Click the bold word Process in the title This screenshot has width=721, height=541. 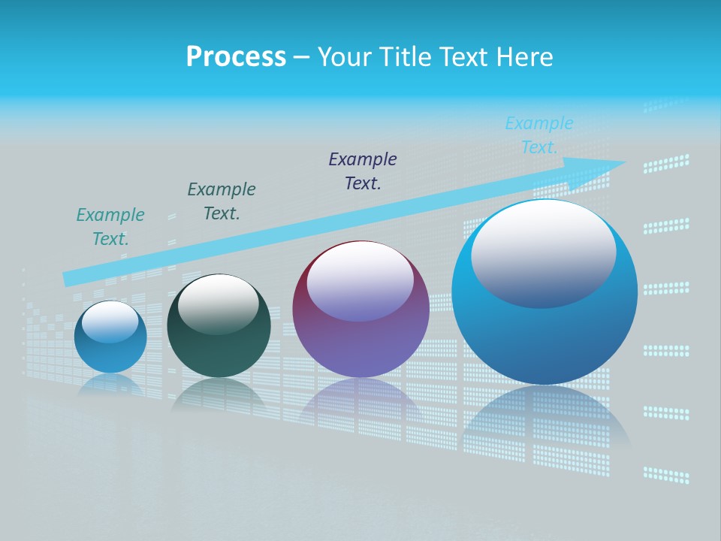(236, 57)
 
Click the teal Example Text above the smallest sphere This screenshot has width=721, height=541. (110, 227)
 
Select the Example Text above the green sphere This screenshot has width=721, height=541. (222, 201)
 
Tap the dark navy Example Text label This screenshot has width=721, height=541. (363, 171)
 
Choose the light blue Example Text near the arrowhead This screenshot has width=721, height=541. (539, 135)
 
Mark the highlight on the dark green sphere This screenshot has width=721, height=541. (219, 303)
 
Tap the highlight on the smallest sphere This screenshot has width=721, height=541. (110, 322)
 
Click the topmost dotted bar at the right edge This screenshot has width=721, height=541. (666, 164)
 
